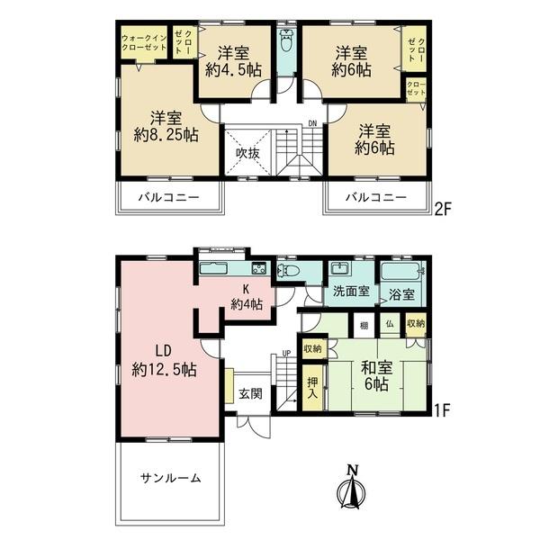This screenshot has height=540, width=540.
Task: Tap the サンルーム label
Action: (170, 478)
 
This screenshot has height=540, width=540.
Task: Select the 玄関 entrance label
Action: (250, 392)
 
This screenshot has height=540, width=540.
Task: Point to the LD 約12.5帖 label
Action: (164, 359)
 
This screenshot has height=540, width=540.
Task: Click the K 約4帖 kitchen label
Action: (246, 297)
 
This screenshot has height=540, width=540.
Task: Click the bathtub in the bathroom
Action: (401, 271)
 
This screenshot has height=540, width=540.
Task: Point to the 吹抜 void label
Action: (248, 153)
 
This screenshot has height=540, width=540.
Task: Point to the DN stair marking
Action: (311, 124)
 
